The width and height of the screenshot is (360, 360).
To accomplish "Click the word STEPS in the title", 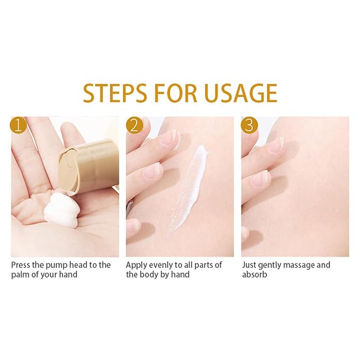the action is pyautogui.click(x=115, y=93).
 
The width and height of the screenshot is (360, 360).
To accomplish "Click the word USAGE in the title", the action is pyautogui.click(x=241, y=93).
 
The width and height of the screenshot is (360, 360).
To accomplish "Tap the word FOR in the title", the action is pyautogui.click(x=175, y=93).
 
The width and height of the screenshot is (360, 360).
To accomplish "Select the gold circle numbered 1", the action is pyautogui.click(x=19, y=125).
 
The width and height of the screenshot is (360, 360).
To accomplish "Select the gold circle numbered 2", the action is pyautogui.click(x=134, y=125).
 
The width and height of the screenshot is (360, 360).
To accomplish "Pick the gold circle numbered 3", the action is pyautogui.click(x=249, y=125).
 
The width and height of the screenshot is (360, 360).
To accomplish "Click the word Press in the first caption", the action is pyautogui.click(x=21, y=265).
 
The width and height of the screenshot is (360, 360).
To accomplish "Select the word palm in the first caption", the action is pyautogui.click(x=20, y=275).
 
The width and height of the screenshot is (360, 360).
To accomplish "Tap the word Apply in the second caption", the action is pyautogui.click(x=136, y=266).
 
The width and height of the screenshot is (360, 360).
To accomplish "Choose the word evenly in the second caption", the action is pyautogui.click(x=161, y=266).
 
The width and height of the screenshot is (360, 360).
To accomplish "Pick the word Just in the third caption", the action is pyautogui.click(x=249, y=265).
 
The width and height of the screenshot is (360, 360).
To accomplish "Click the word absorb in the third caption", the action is pyautogui.click(x=254, y=275).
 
